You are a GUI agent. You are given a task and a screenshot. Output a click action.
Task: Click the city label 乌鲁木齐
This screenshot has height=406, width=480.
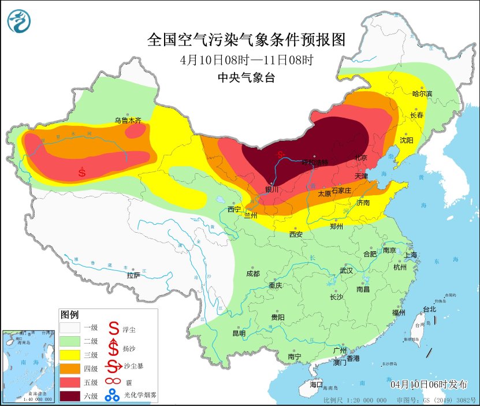(x=127, y=121)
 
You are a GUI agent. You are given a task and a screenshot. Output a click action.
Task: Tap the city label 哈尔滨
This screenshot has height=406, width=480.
(x=422, y=94)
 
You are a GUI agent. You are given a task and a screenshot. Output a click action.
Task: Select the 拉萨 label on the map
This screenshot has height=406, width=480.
(x=133, y=275)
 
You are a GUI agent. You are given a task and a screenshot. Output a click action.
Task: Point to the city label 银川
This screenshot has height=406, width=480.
(x=271, y=189)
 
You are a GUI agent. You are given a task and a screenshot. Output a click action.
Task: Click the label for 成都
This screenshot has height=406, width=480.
(x=252, y=274)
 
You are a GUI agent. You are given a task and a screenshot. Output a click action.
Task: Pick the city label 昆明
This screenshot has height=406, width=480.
(x=239, y=333)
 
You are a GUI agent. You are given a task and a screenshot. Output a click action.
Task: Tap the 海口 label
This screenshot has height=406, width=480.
(x=317, y=384)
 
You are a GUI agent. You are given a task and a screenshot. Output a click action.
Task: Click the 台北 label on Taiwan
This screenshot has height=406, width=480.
(x=430, y=310)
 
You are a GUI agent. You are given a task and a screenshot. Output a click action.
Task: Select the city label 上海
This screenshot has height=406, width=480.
(x=411, y=255)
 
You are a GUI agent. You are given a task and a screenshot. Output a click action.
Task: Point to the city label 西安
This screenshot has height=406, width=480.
(x=296, y=234)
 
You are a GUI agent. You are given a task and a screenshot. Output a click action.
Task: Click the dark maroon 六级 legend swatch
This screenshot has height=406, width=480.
(x=71, y=396)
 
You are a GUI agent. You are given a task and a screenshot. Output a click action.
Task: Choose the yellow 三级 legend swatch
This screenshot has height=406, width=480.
(x=71, y=355)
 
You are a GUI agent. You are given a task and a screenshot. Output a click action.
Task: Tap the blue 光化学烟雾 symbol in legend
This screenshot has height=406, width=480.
(x=111, y=395)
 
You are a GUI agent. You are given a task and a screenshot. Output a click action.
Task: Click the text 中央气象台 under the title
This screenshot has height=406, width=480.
(x=246, y=78)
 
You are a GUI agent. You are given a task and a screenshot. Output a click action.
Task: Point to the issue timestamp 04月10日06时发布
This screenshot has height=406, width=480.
(x=428, y=385)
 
